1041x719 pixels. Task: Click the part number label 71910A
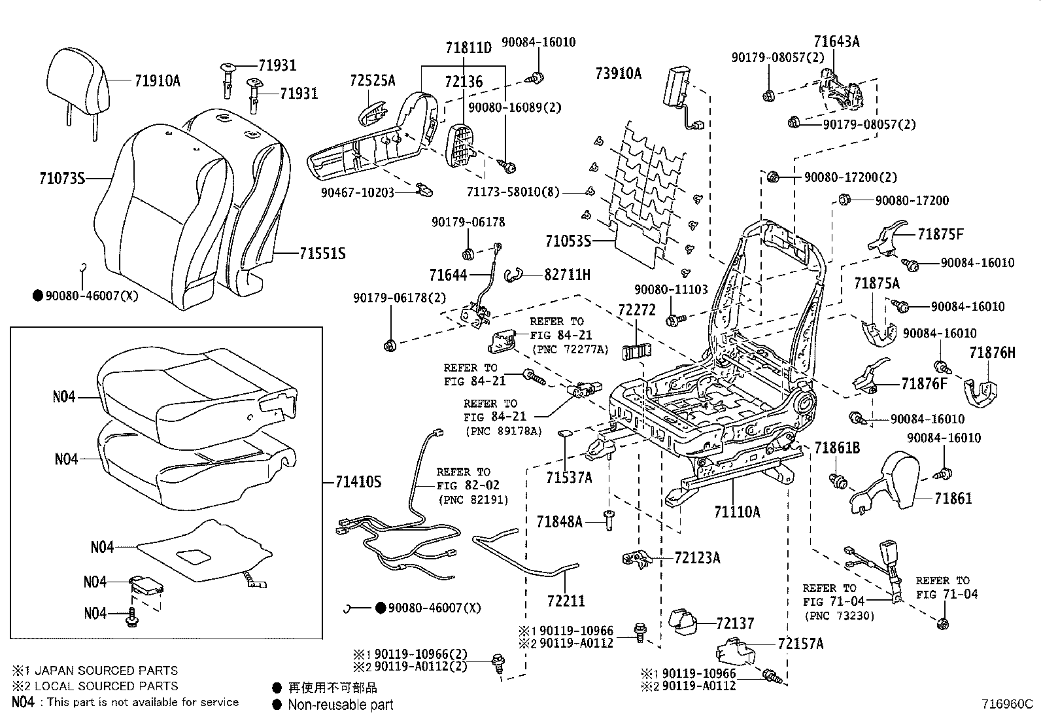point(157,81)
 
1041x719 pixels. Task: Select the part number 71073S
point(62,177)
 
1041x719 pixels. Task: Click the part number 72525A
point(373,80)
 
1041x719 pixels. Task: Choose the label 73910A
point(619,73)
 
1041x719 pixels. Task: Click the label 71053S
point(568,241)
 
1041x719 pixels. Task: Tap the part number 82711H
point(567,275)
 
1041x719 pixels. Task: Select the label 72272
point(636,309)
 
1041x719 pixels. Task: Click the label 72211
point(566,600)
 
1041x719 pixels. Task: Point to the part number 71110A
point(737,512)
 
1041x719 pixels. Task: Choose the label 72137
point(734,623)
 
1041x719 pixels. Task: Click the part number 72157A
point(800,644)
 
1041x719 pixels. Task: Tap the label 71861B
point(837,448)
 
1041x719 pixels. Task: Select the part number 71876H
point(992,353)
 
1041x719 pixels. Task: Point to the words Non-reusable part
point(341,705)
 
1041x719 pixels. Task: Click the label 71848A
point(559,521)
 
